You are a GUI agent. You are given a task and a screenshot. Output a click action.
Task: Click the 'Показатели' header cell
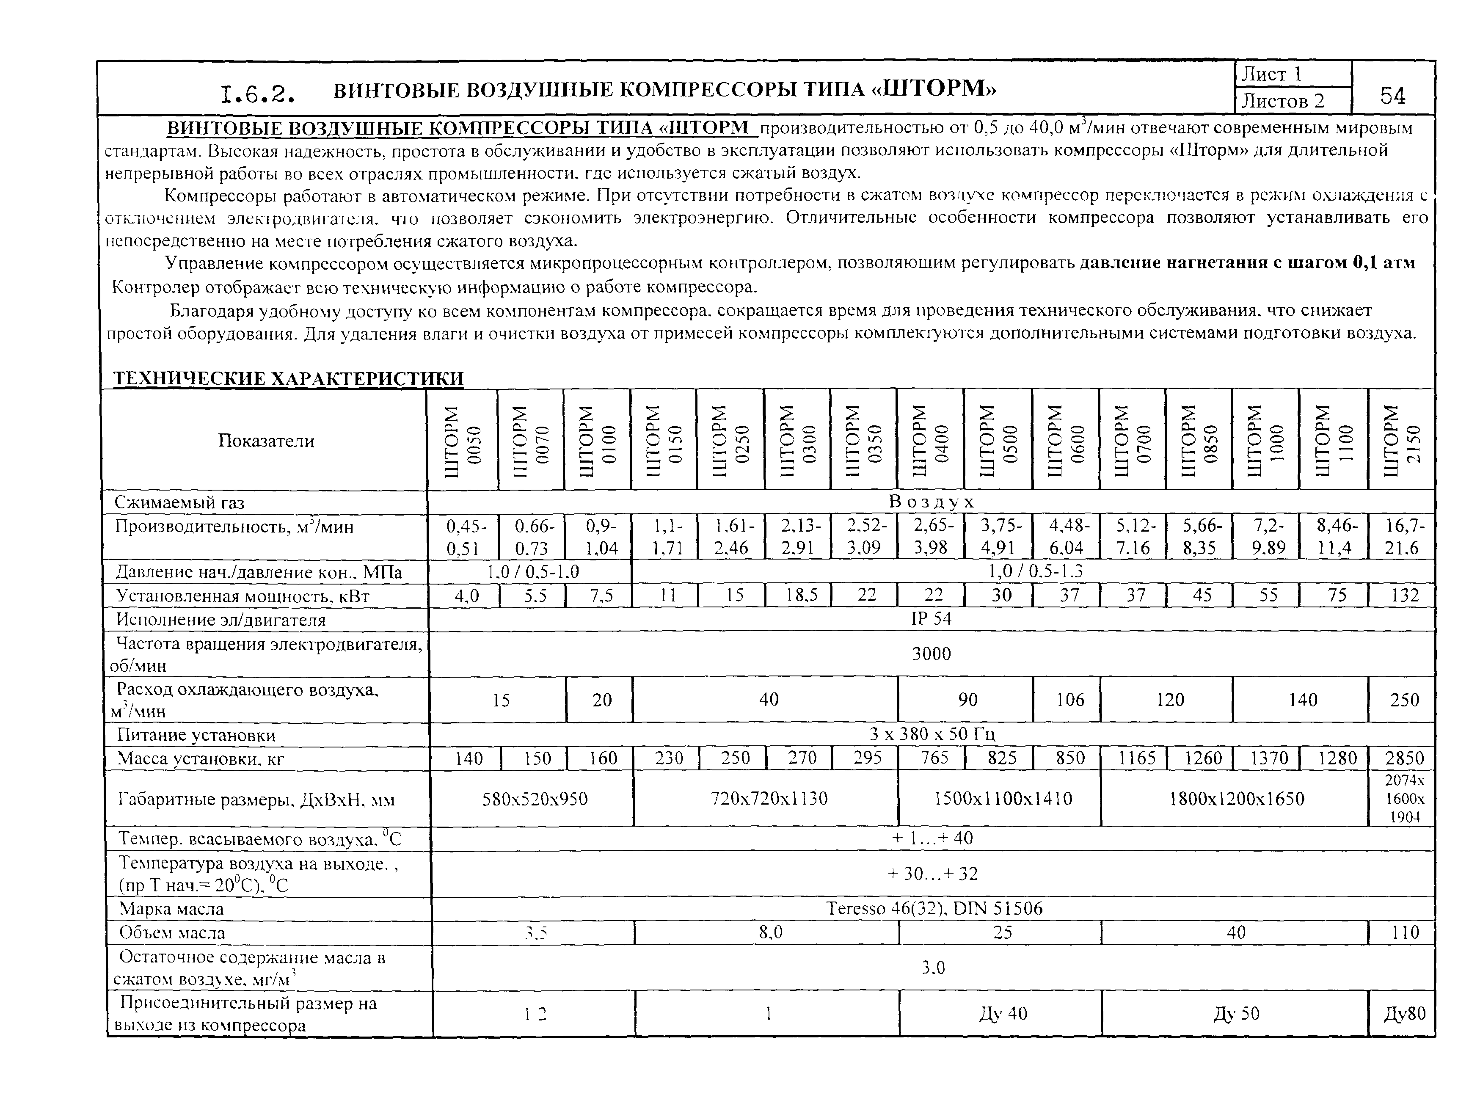click(266, 441)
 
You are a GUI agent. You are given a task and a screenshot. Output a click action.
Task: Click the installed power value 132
click(1404, 595)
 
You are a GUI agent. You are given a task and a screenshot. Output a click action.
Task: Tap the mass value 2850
click(1404, 758)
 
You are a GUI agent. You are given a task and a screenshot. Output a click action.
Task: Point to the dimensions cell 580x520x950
click(535, 799)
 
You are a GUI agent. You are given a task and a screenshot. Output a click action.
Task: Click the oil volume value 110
click(1404, 933)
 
